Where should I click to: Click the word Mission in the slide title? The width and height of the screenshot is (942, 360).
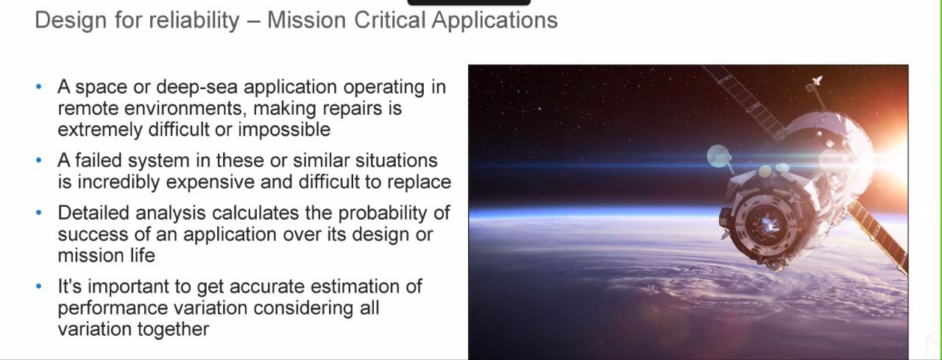click(x=307, y=20)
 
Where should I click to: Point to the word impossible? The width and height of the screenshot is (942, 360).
click(x=284, y=129)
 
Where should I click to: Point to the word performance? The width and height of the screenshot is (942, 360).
click(x=113, y=308)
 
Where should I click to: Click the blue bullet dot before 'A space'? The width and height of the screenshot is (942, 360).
click(x=39, y=87)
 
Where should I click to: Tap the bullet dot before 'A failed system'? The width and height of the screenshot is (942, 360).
click(x=39, y=160)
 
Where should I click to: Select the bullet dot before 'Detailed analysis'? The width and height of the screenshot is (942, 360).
click(x=39, y=213)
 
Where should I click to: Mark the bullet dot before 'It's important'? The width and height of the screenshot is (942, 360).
click(x=39, y=286)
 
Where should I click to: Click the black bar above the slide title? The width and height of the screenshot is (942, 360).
click(x=469, y=2)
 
